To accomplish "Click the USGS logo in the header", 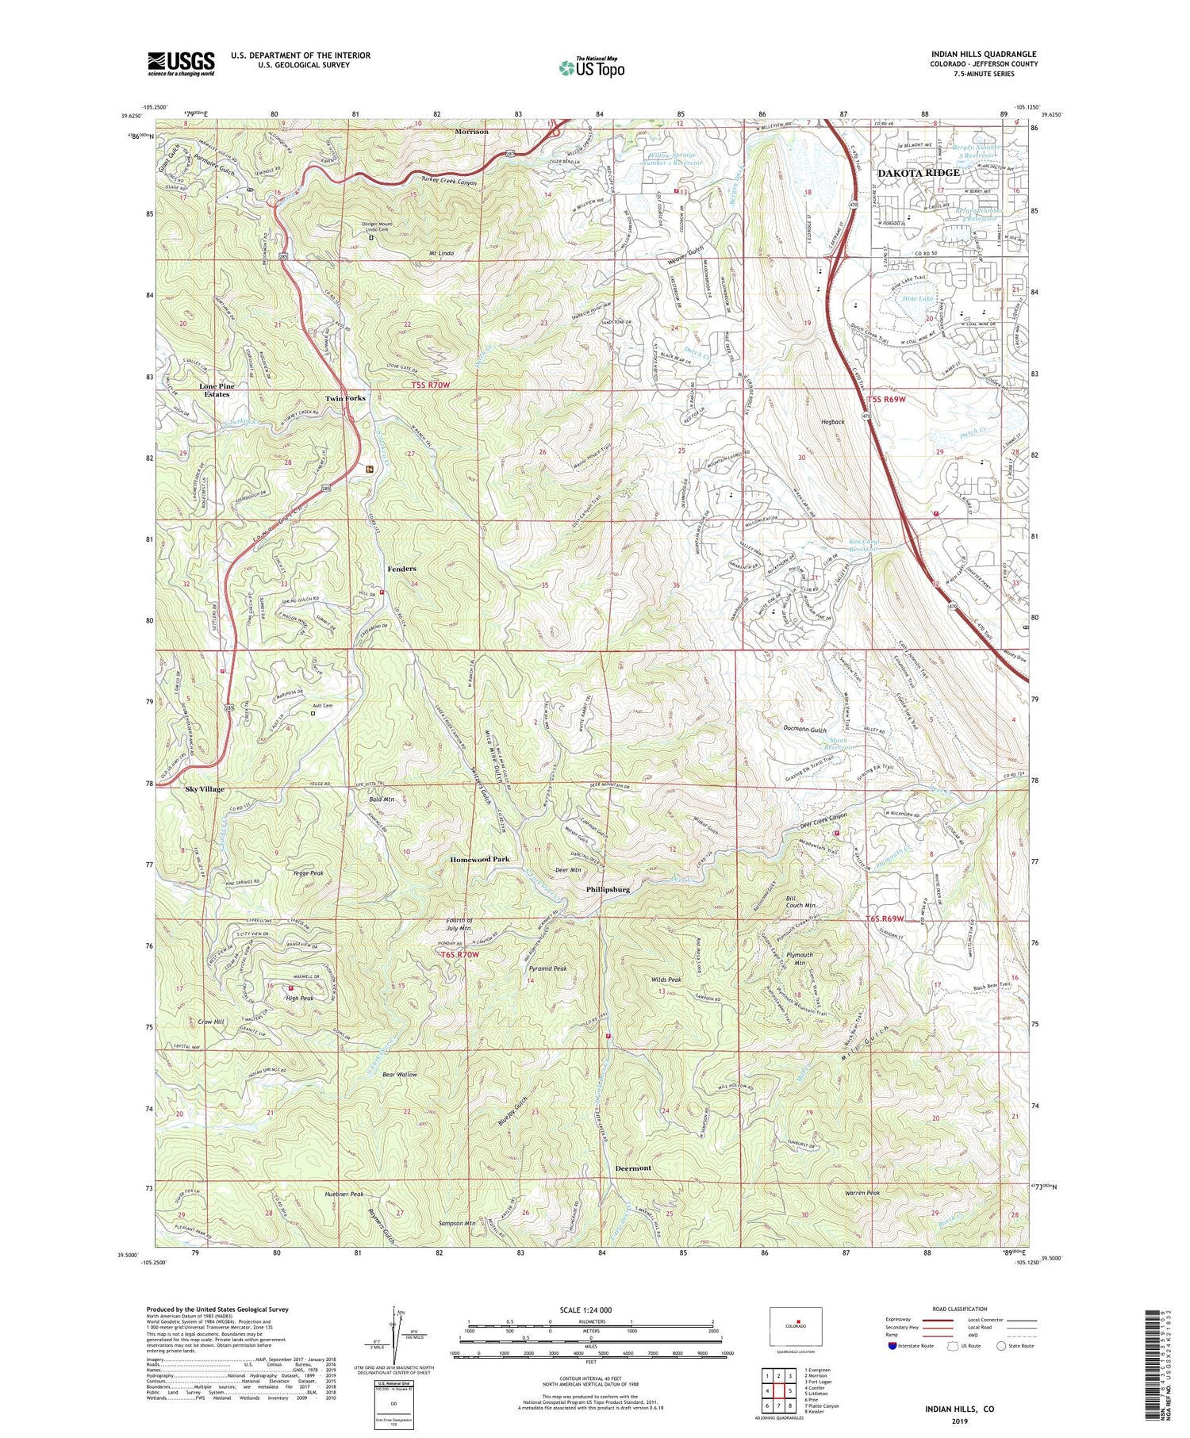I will [x=181, y=63].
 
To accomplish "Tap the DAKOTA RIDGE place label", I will [x=918, y=173].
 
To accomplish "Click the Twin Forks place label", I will [x=345, y=398].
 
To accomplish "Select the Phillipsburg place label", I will [x=608, y=890].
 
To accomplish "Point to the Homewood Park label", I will [x=479, y=859].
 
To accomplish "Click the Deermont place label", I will [x=633, y=1168].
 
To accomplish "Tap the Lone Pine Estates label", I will [x=216, y=390].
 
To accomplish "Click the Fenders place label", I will [x=401, y=569].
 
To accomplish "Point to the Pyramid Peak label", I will [x=548, y=968].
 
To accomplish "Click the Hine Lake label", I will [x=919, y=298].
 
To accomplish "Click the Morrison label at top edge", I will [x=471, y=132].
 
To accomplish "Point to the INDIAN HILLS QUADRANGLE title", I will [x=984, y=54].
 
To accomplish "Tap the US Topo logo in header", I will [x=591, y=67].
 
